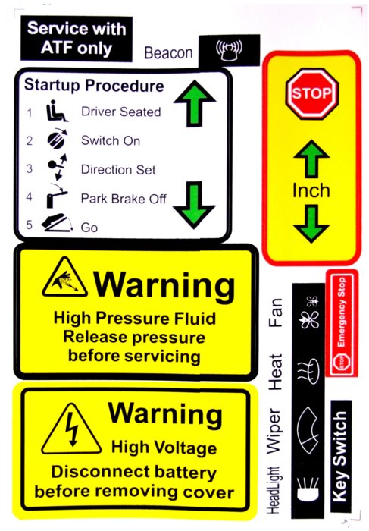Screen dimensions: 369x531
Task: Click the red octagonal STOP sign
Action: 311,93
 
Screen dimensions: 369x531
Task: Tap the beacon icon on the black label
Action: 229,51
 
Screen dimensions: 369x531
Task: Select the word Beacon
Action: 168,53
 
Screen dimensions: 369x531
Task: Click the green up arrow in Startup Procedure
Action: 195,103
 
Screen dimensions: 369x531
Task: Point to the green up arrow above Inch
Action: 311,159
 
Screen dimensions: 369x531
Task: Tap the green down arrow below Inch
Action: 311,225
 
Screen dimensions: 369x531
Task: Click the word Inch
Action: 311,190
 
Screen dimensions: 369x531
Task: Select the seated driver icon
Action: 57,111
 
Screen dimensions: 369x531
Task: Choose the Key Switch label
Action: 340,456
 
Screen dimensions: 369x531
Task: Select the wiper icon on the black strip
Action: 308,430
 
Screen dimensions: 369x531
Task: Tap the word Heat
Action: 274,372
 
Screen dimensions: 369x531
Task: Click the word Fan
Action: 275,313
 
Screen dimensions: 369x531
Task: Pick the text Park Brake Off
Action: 124,199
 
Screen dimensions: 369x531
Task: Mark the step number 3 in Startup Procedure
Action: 30,168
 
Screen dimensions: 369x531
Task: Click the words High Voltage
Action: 164,448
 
